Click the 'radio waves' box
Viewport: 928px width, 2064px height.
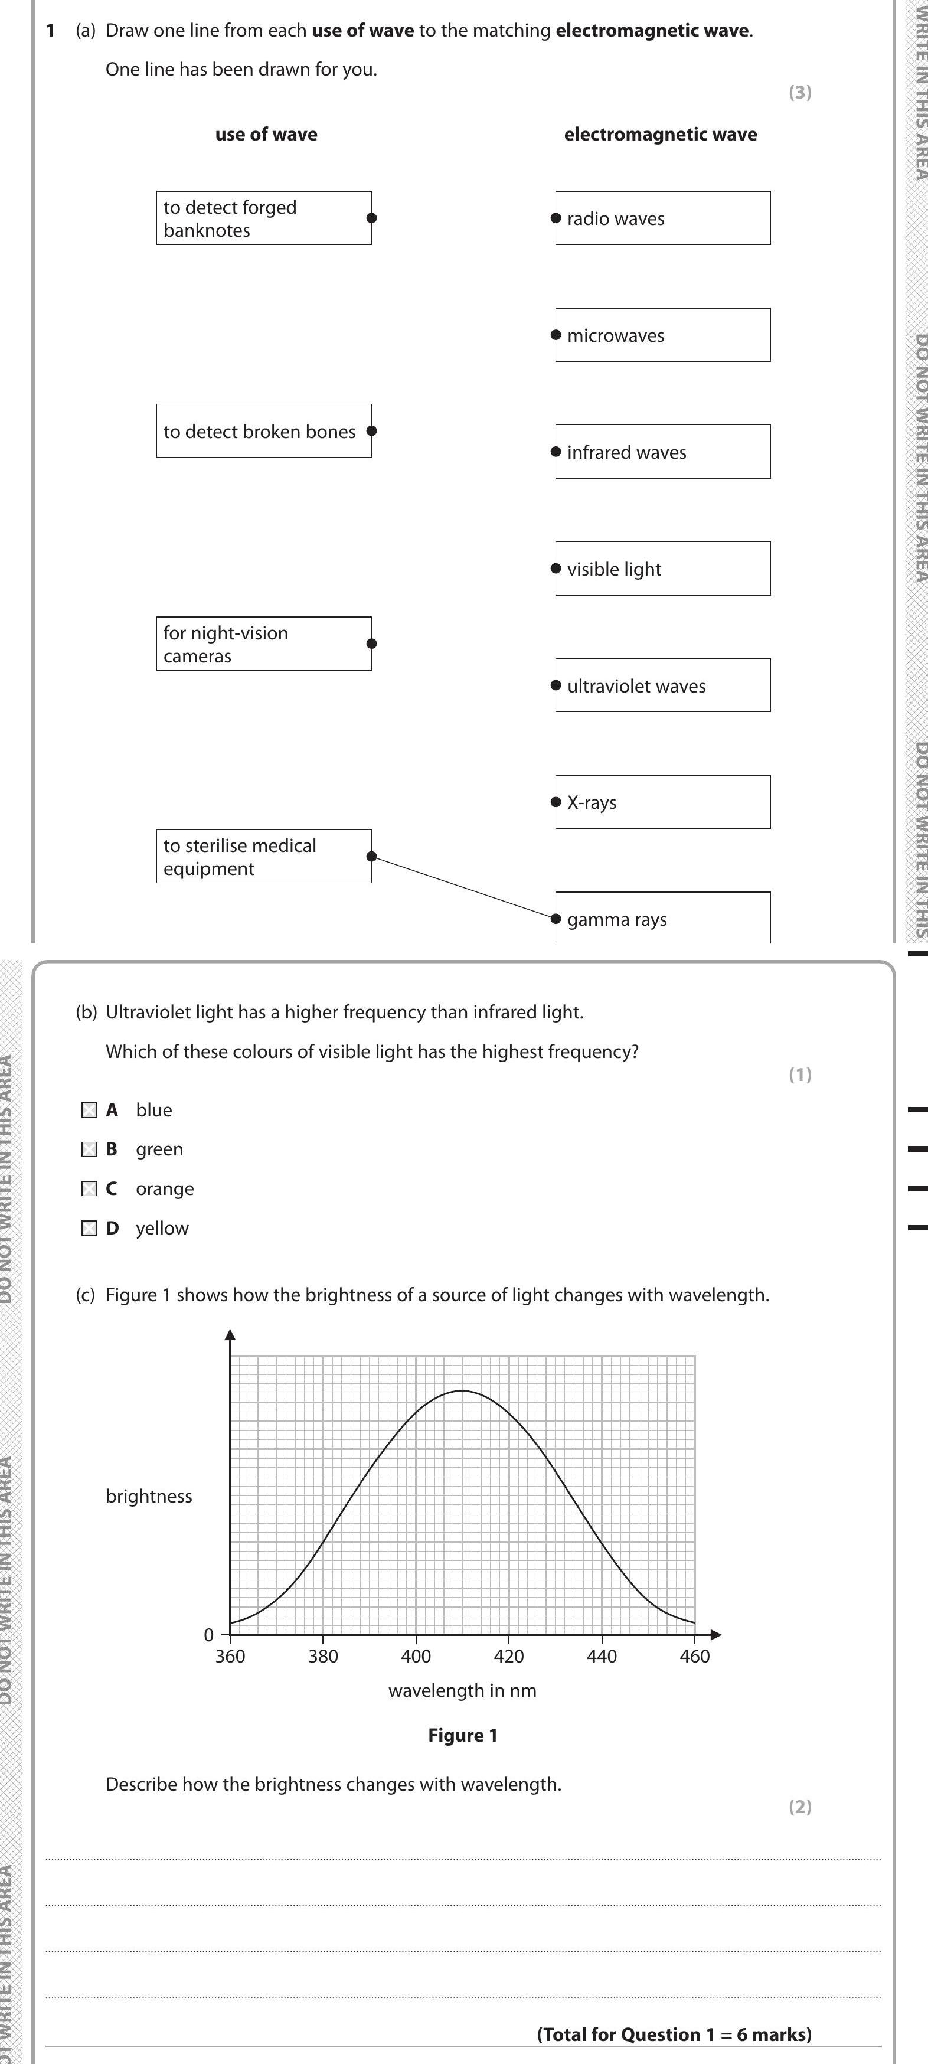663,218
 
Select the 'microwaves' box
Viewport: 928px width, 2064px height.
663,335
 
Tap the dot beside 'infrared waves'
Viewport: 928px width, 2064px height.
556,452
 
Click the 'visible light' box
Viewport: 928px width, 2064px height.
663,569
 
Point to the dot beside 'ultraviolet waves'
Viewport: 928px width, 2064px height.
556,685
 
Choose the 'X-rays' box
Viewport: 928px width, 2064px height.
663,802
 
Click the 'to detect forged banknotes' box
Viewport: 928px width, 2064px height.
264,218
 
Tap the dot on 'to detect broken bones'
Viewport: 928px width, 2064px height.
371,431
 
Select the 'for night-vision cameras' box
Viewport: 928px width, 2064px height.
264,644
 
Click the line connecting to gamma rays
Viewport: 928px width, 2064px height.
463,887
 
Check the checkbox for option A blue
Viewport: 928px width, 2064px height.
89,1110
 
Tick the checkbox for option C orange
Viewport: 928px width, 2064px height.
89,1188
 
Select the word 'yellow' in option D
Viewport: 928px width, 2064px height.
162,1228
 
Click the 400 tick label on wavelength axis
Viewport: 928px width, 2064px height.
416,1656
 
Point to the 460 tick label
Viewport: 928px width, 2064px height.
695,1656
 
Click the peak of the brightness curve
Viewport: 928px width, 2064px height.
462,1391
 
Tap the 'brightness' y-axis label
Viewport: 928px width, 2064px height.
149,1496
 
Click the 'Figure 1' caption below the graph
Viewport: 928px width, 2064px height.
462,1736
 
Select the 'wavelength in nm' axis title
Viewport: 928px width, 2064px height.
462,1691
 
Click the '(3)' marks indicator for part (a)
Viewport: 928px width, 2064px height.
800,92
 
